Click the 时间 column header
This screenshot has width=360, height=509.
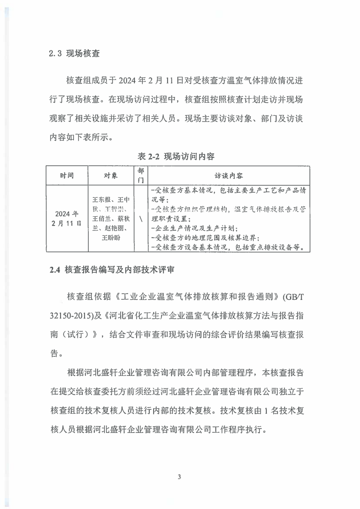point(67,176)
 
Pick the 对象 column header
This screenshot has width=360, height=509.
point(111,176)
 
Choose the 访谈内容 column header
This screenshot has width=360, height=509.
point(229,176)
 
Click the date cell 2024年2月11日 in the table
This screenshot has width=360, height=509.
point(67,219)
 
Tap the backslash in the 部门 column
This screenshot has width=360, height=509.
point(141,219)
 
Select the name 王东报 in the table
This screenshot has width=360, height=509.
point(101,200)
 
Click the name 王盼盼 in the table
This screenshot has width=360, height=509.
point(111,238)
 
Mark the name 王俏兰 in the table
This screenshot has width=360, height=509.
point(101,219)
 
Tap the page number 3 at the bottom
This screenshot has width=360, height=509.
point(179,476)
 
